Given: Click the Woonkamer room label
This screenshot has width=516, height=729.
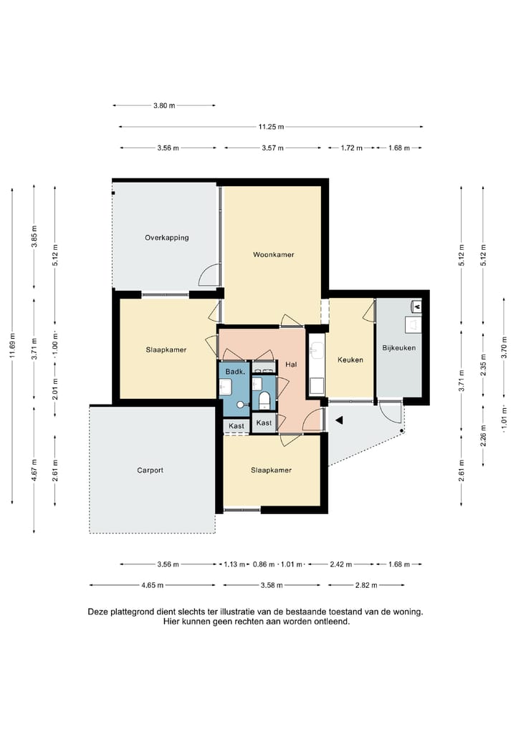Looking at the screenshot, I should click(x=273, y=255).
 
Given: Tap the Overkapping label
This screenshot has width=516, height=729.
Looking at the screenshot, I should click(x=166, y=238).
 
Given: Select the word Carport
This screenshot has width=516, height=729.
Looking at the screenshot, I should click(x=150, y=470).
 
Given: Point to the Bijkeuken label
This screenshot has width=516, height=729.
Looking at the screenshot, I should click(x=398, y=348).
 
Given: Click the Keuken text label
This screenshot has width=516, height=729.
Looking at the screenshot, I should click(x=350, y=360).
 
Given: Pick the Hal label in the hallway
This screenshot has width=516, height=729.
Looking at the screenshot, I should click(x=291, y=364).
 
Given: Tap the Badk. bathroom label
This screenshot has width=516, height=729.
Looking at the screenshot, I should click(x=235, y=372).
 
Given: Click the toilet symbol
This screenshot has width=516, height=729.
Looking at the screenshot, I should click(x=264, y=399).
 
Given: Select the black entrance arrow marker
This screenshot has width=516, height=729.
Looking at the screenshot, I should click(x=340, y=420).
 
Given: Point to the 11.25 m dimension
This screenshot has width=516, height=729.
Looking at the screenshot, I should click(x=271, y=127).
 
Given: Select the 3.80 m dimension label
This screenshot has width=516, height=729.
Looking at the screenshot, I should click(x=164, y=106).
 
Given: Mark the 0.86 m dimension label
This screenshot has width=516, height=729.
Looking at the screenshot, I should click(x=264, y=564).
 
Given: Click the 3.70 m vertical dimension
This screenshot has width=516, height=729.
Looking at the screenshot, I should click(x=505, y=347).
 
